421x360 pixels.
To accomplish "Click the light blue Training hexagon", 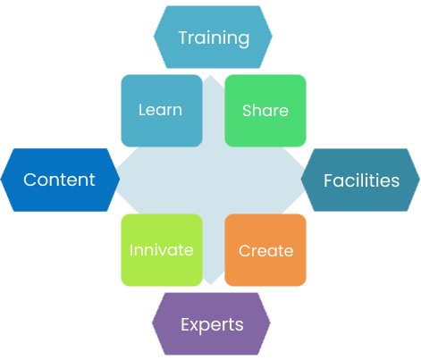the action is [213, 37].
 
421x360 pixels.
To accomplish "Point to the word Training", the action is [214, 38].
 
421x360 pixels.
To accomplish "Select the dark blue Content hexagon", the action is [60, 180].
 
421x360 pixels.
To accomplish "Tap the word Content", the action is [59, 180].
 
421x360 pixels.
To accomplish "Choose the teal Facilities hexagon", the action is [360, 180].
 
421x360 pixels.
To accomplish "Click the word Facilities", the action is [361, 180].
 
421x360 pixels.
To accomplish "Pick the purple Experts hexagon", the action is [211, 323].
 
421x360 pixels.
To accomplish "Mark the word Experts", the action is [212, 325].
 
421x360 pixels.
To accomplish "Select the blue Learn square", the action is [162, 111].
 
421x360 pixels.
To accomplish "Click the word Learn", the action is [160, 110].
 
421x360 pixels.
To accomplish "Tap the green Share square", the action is [265, 111].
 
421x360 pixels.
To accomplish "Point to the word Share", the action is [265, 111].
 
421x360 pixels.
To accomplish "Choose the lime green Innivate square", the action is [162, 250].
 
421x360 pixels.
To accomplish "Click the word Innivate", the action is [162, 250].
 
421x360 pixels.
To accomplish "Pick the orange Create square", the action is [265, 250].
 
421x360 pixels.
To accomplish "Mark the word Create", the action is [266, 251].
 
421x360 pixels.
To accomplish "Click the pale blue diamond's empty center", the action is [211, 180].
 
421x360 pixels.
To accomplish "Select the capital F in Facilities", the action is [328, 180].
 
